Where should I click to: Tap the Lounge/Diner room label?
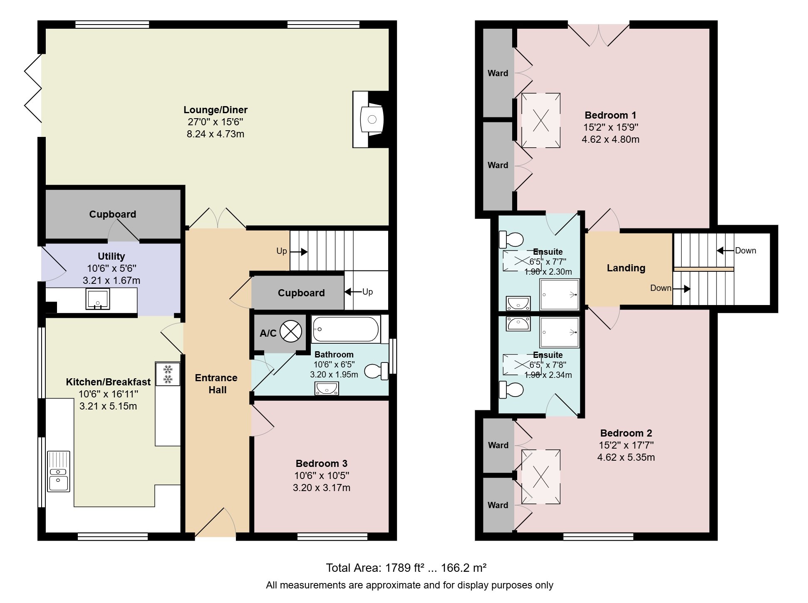tap(216, 110)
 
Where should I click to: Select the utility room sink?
tap(98, 299)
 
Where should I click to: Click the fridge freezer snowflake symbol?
tap(168, 374)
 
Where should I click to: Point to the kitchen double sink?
tap(59, 471)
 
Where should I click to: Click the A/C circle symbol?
tap(291, 332)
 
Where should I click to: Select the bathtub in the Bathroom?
tap(346, 329)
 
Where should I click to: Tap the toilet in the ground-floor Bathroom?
tap(377, 371)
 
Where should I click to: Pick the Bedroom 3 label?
tap(322, 464)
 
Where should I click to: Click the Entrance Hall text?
tap(217, 384)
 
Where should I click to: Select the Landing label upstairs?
tap(626, 268)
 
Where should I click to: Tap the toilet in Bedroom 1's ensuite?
tap(511, 239)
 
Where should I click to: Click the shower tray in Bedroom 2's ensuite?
tap(560, 332)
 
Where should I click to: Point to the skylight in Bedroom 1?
tap(540, 120)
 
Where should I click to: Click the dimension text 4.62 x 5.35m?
tap(626, 457)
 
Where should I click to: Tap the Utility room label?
tap(111, 256)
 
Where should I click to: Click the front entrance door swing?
tap(216, 522)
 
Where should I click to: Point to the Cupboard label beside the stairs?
tap(301, 293)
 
